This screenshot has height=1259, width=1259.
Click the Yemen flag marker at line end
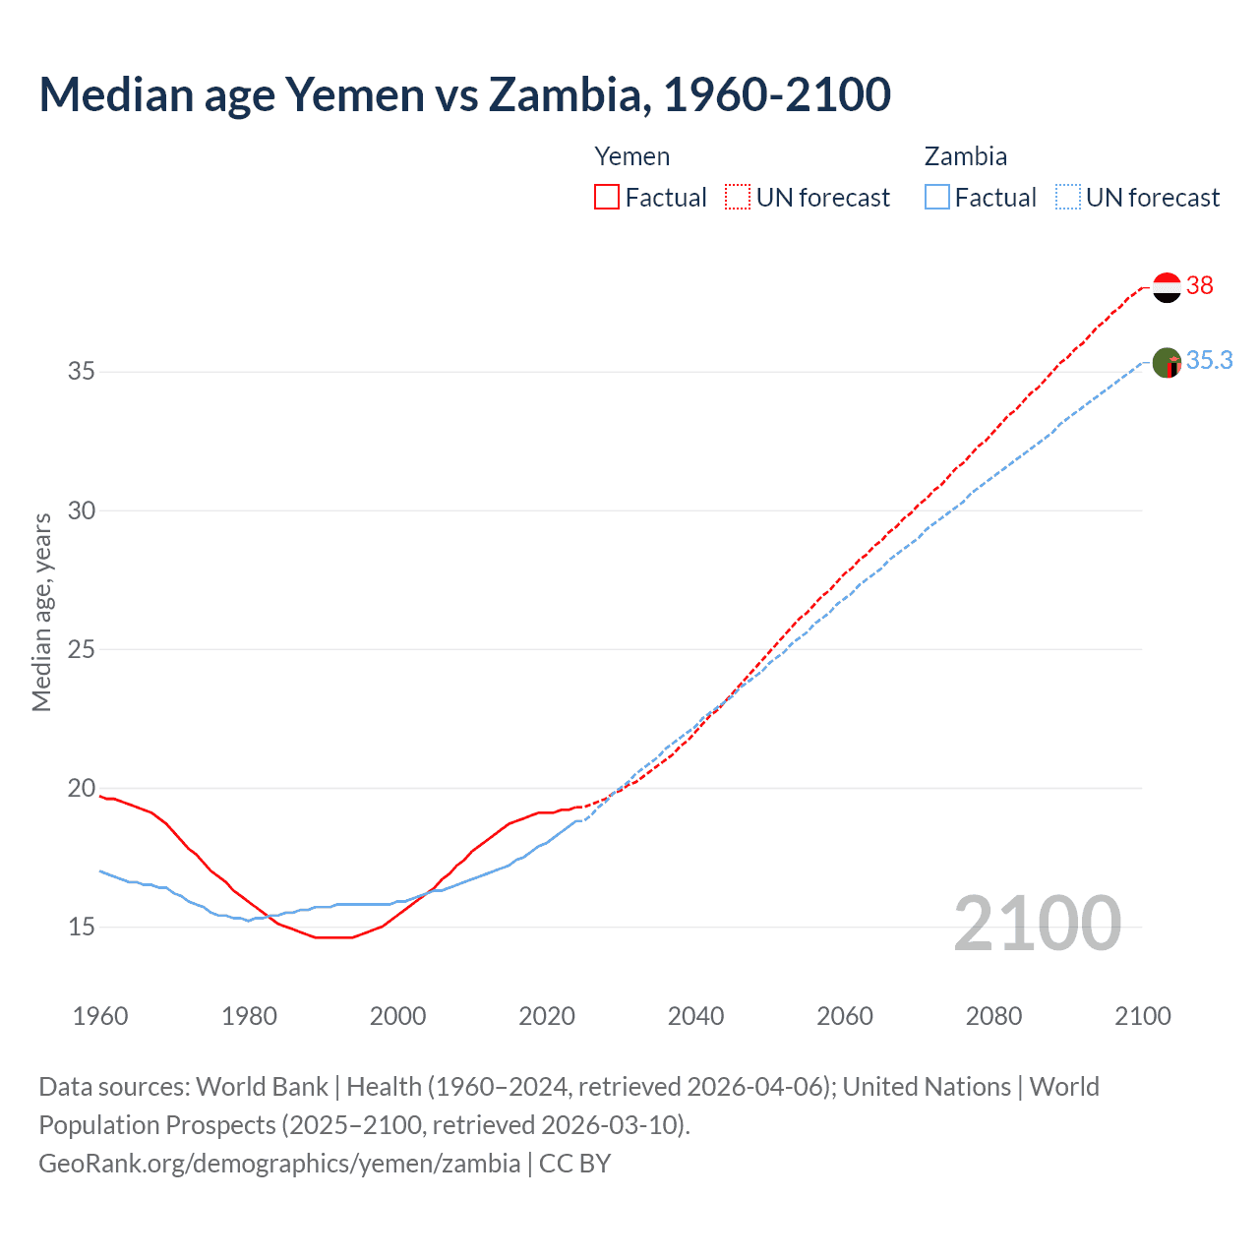pyautogui.click(x=1167, y=287)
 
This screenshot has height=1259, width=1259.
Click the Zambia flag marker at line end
pyautogui.click(x=1167, y=363)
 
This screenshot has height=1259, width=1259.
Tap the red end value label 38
pyautogui.click(x=1200, y=285)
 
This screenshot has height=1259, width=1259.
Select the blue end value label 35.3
pyautogui.click(x=1209, y=361)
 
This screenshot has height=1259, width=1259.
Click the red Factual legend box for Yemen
pyautogui.click(x=607, y=198)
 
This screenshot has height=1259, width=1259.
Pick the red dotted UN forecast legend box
pyautogui.click(x=738, y=198)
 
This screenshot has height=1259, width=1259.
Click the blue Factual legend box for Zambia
pyautogui.click(x=937, y=198)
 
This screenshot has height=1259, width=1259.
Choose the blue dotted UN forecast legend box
pyautogui.click(x=1068, y=198)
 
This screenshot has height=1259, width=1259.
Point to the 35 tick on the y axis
pyautogui.click(x=82, y=372)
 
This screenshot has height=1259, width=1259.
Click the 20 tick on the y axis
pyautogui.click(x=82, y=788)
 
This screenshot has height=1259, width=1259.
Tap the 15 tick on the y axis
pyautogui.click(x=82, y=927)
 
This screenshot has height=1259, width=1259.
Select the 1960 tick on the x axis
pyautogui.click(x=100, y=1016)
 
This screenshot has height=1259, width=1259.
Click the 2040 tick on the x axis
pyautogui.click(x=695, y=1016)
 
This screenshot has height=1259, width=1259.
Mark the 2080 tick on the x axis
pyautogui.click(x=993, y=1016)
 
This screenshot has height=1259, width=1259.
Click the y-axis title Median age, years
pyautogui.click(x=41, y=612)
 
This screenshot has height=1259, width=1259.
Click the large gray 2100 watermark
pyautogui.click(x=1037, y=923)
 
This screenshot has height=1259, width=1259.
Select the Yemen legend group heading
pyautogui.click(x=632, y=157)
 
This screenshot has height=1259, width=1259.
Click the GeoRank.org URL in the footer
pyautogui.click(x=279, y=1164)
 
